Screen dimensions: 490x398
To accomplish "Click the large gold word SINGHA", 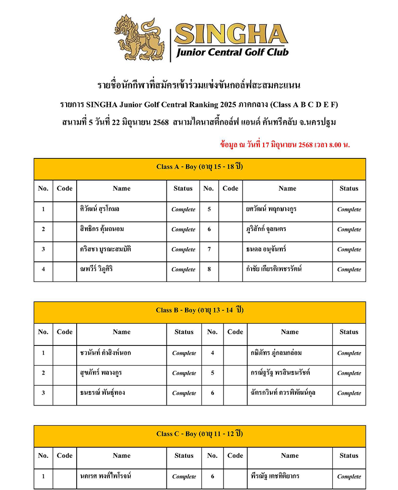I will point(231,34).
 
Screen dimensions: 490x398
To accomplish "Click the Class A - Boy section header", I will point(199,167).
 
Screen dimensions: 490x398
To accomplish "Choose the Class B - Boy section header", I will point(199,310).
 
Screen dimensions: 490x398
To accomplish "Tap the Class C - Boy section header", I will point(199,434).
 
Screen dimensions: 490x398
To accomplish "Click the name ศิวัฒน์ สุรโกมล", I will point(100,209).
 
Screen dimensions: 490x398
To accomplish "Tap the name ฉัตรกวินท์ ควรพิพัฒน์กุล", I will point(283,392).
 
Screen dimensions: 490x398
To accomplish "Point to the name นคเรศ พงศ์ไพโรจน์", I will point(105,476).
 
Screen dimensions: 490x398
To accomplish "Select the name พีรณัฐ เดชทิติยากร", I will point(275,476).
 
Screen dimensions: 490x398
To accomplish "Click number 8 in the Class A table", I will point(209,269).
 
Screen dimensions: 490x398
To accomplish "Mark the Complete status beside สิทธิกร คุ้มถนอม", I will point(183,229).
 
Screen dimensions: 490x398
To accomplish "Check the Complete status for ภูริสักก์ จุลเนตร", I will point(349,229).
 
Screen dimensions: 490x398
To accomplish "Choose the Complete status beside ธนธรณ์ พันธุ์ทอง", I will point(184,393).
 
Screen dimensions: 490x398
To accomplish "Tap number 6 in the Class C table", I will point(212,476).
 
